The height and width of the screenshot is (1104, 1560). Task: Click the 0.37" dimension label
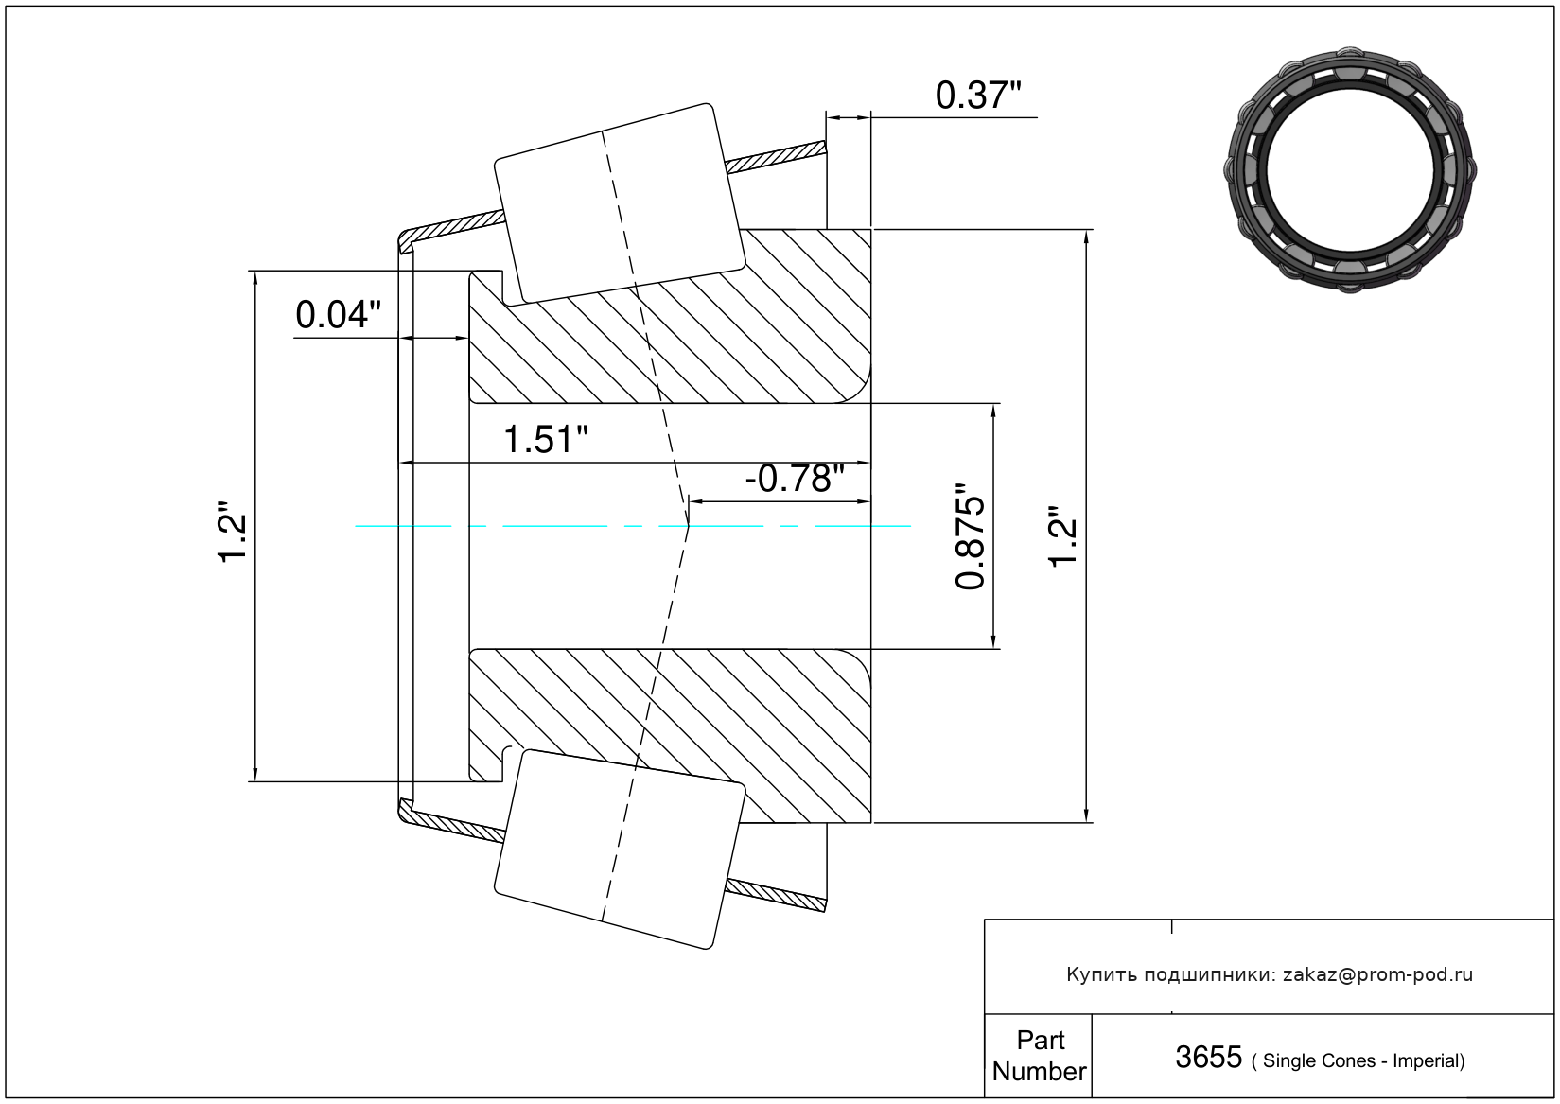pos(978,96)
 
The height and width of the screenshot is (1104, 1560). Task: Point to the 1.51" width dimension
pos(545,440)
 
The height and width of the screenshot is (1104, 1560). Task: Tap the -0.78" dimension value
pos(795,478)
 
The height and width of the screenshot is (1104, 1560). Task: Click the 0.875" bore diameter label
pos(970,536)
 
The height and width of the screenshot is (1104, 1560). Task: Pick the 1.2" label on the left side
pos(234,532)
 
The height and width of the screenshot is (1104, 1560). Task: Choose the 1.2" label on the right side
pos(1062,536)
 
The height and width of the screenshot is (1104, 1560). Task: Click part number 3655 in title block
pos(1208,1058)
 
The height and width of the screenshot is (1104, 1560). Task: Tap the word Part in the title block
pos(1041,1040)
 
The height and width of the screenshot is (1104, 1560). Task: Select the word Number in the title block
pos(1039,1071)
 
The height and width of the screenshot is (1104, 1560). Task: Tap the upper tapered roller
pos(620,203)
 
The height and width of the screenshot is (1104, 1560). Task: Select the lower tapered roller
pos(620,850)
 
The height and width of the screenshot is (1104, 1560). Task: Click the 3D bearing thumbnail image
pos(1350,169)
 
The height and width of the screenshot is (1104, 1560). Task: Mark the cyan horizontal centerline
pos(632,526)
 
